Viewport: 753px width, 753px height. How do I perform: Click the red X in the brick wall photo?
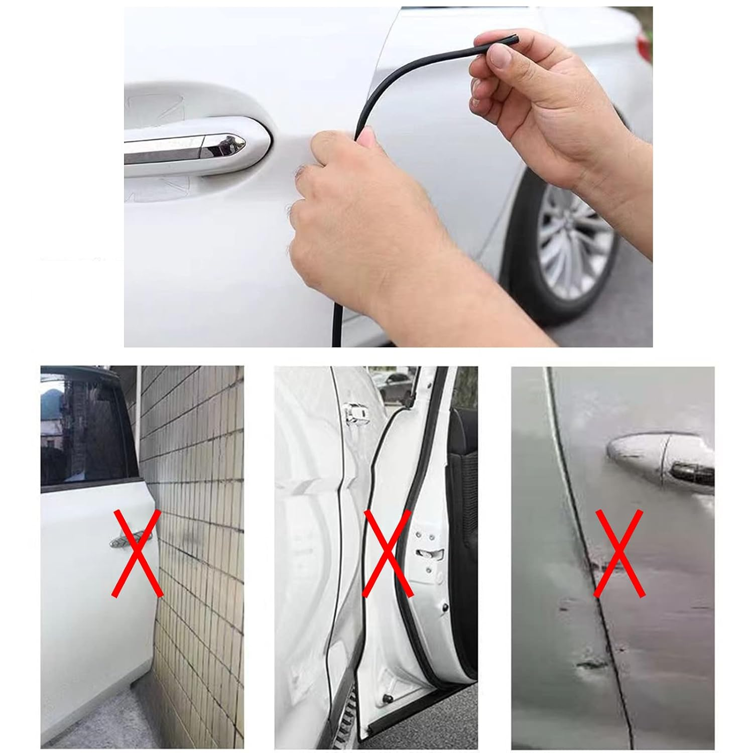coord(136,553)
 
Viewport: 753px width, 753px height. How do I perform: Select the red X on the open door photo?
coord(388,553)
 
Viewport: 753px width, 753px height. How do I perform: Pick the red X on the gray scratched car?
coord(618,553)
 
